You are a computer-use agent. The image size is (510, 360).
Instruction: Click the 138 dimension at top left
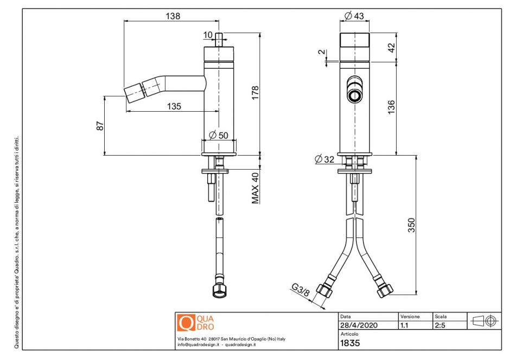pyautogui.click(x=173, y=16)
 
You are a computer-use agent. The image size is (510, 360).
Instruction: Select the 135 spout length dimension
pyautogui.click(x=174, y=106)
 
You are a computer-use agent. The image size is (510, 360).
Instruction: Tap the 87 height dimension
pyautogui.click(x=99, y=125)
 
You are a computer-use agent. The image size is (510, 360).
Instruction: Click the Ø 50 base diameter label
pyautogui.click(x=218, y=135)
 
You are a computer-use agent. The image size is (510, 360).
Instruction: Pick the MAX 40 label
pyautogui.click(x=255, y=188)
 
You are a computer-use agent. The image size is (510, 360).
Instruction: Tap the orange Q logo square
pyautogui.click(x=186, y=323)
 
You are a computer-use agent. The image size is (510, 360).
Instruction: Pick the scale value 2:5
pyautogui.click(x=440, y=325)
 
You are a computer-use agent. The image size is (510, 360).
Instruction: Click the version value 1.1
pyautogui.click(x=404, y=325)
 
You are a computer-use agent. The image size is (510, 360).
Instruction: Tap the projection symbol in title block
pyautogui.click(x=484, y=321)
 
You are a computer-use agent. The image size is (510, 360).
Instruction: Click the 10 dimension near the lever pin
pyautogui.click(x=208, y=35)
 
